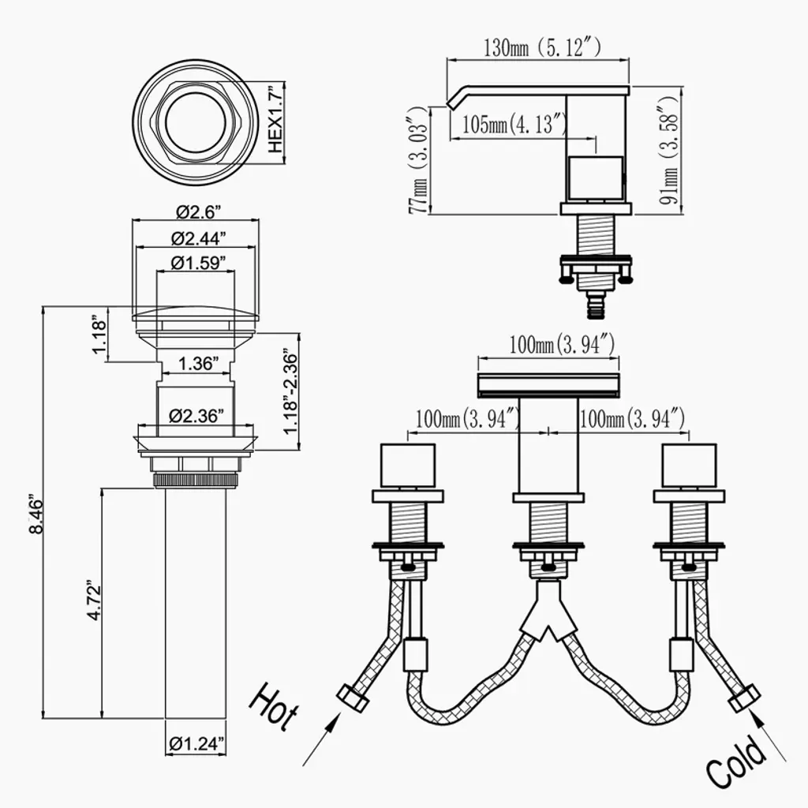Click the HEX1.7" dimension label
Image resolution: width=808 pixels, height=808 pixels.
click(275, 120)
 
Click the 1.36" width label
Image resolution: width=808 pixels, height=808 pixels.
click(196, 364)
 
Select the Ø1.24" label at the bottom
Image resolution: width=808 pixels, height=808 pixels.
click(196, 742)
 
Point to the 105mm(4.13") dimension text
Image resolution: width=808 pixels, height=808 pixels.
click(514, 124)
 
